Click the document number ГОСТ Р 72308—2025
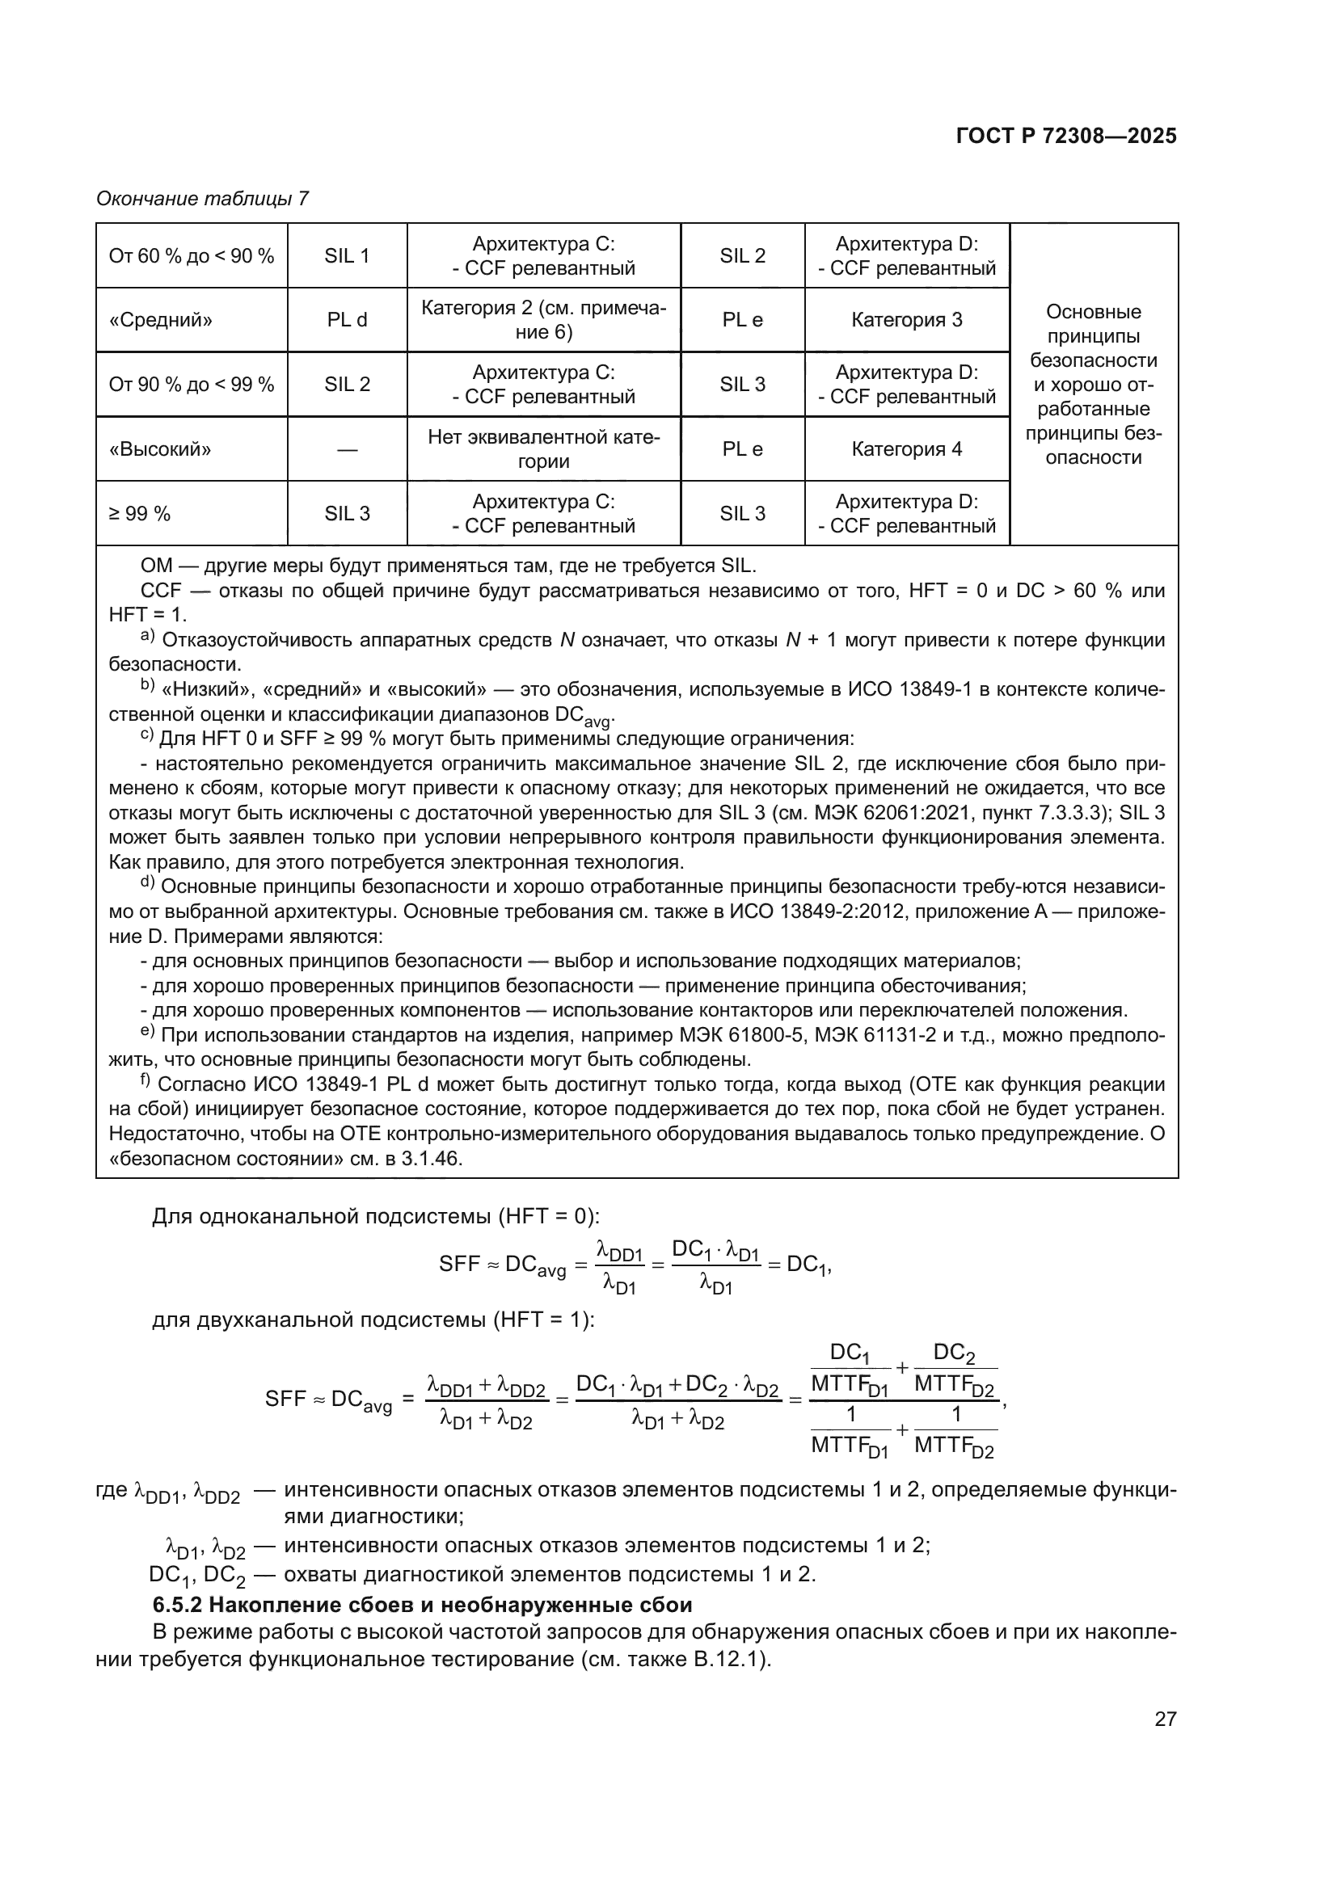(1066, 136)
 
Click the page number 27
(1165, 1719)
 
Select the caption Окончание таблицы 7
(202, 199)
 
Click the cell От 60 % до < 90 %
(191, 256)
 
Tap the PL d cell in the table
(347, 320)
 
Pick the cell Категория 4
(906, 449)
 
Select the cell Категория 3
(906, 320)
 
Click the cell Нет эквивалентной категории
(543, 449)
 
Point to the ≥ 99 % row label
(140, 514)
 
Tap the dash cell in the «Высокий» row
(347, 449)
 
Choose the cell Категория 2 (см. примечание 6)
(543, 320)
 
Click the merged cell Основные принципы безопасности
(1094, 385)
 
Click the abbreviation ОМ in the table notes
(157, 566)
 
